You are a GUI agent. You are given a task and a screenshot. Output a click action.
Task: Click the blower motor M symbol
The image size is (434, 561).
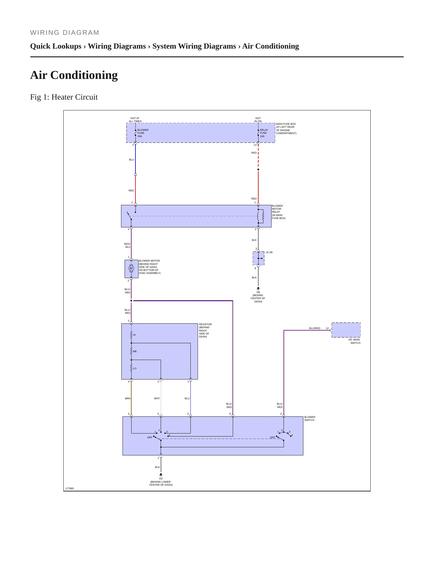pos(131,268)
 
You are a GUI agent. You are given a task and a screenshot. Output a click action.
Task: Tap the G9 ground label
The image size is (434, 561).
pos(161,478)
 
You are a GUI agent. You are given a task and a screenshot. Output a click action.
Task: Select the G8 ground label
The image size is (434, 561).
pos(258,292)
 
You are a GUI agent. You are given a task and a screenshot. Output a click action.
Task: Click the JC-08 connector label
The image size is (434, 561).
pos(269,252)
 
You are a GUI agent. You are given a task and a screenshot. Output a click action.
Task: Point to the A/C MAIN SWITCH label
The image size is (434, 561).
pos(354,341)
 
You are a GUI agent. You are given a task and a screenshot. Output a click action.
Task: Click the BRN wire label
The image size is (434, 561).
pos(128,398)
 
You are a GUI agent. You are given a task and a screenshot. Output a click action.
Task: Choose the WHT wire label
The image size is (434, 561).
pos(157,398)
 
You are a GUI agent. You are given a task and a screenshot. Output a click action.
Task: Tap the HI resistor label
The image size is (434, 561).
pos(134,335)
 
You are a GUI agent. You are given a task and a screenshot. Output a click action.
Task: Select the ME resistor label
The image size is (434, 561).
pos(135,351)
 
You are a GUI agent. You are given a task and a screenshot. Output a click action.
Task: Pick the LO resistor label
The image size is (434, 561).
pos(135,368)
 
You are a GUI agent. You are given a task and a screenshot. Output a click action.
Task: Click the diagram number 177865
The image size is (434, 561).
pos(70,488)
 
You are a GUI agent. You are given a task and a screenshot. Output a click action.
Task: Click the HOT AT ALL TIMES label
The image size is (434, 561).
pos(135,120)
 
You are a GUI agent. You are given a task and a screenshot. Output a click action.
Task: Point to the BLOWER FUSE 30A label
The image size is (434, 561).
pos(143,133)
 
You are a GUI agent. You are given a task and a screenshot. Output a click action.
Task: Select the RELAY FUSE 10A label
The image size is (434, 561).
pos(264,133)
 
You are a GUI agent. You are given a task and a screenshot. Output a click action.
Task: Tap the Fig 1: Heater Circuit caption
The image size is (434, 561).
pos(64,97)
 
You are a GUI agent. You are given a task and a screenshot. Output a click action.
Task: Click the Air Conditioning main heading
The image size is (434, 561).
pos(74,75)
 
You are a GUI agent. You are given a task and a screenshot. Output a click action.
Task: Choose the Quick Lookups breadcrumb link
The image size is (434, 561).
pos(56,46)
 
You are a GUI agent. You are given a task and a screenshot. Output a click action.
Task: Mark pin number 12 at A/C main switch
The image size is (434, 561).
pos(327,328)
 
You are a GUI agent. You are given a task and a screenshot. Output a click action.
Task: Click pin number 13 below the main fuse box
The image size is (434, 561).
pos(255,145)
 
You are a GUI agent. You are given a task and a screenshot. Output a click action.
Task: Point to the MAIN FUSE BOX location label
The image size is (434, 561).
pos(286,128)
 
